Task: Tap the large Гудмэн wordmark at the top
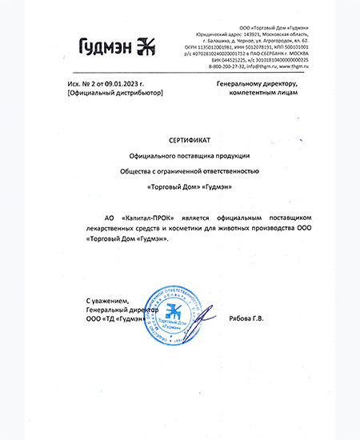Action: click(x=107, y=46)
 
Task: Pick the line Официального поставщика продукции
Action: click(x=190, y=155)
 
